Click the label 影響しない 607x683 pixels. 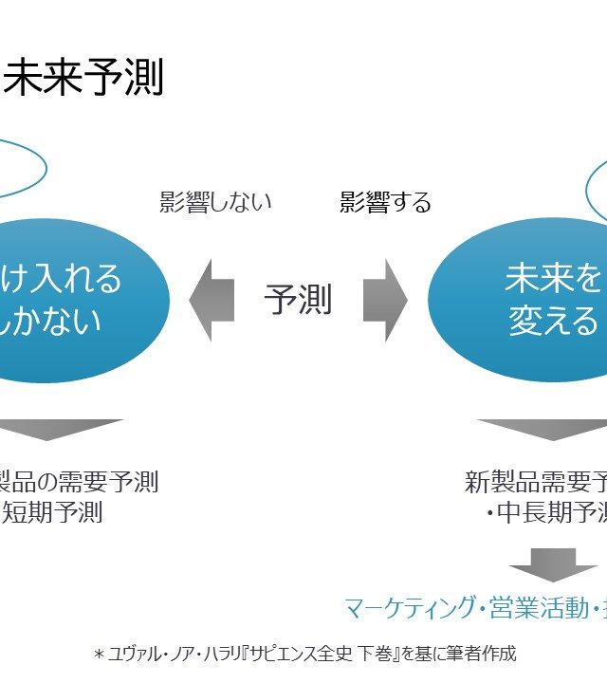[x=215, y=202]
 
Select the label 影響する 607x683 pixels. [x=385, y=202]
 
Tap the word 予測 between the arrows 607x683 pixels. [x=298, y=300]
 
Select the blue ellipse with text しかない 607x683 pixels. [x=76, y=300]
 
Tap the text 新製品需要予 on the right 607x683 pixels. [x=536, y=482]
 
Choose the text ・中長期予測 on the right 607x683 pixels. [x=545, y=513]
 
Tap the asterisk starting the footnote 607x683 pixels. [x=98, y=655]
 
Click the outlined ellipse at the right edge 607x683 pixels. [x=598, y=190]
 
